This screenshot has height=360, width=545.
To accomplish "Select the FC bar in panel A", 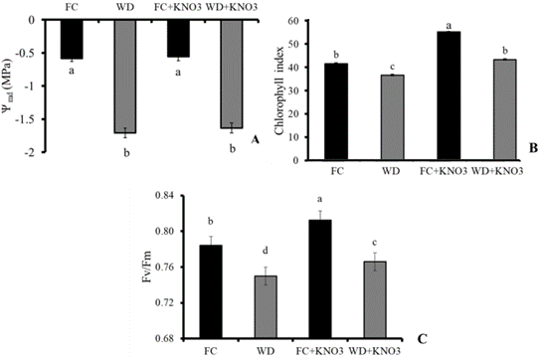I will click(71, 39).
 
